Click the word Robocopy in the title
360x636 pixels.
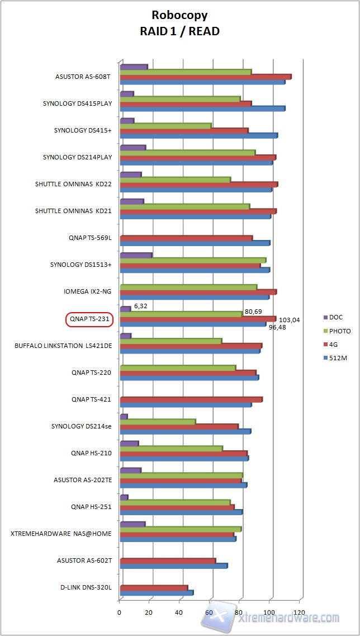(x=179, y=16)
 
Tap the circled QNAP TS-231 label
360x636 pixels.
(x=90, y=319)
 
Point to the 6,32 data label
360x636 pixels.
(x=140, y=307)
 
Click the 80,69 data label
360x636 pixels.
(x=253, y=312)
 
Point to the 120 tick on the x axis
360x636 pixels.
(x=300, y=613)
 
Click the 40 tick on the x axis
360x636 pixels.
(x=180, y=613)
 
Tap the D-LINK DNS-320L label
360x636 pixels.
(x=86, y=587)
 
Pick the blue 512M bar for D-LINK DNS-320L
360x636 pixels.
(x=157, y=593)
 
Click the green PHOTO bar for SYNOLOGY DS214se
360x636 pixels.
(x=158, y=422)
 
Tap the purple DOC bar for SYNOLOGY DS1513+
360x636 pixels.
(x=136, y=256)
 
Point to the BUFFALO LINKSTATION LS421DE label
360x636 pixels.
(x=63, y=346)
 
